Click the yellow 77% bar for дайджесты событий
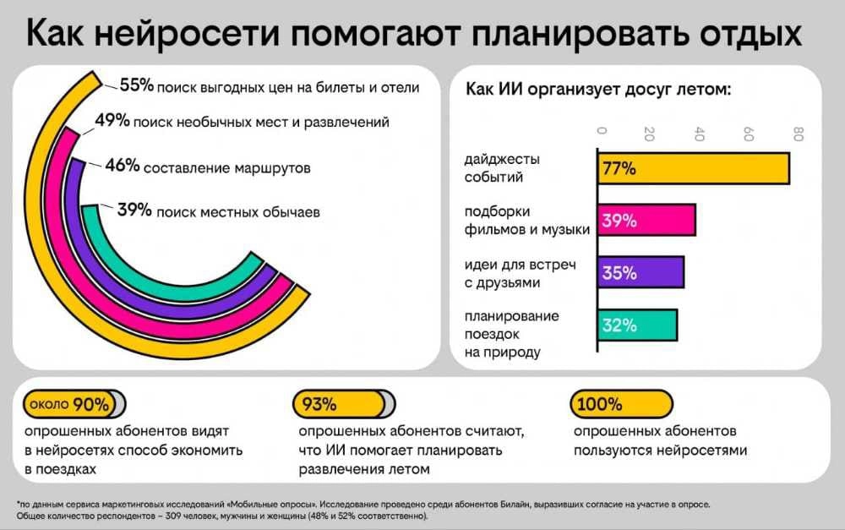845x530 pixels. pos(693,167)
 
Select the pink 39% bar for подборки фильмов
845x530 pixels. pos(646,221)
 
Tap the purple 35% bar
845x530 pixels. pos(641,273)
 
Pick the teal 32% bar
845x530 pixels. pos(637,325)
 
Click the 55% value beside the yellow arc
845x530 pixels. pos(136,85)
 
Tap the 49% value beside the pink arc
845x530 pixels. pos(112,121)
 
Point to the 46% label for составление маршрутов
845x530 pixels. pos(122,166)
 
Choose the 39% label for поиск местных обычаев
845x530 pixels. pos(134,211)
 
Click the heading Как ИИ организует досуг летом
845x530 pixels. pos(598,90)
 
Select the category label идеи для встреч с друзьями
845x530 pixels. pos(508,274)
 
